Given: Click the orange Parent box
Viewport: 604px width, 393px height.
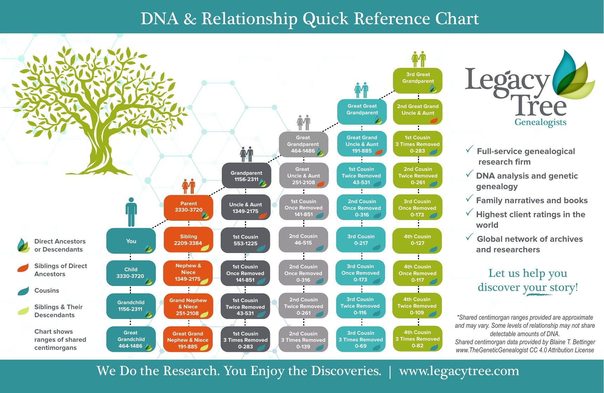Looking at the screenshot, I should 188,207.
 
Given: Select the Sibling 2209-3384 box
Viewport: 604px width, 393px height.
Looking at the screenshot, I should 188,240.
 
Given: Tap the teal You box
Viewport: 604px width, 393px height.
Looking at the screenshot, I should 131,241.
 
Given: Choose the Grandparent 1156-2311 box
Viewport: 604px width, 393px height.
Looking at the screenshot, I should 246,176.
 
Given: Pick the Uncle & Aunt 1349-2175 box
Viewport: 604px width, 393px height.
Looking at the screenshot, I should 245,208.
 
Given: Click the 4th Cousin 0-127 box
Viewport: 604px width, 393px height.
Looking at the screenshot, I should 417,240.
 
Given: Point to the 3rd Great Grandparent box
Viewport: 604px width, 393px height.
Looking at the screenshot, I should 418,80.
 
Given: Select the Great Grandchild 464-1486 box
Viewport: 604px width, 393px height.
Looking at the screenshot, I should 131,339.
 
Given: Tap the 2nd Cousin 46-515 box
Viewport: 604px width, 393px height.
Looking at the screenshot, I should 303,240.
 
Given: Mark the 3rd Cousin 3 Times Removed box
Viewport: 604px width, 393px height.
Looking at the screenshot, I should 360,339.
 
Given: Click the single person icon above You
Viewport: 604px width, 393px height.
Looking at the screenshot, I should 131,212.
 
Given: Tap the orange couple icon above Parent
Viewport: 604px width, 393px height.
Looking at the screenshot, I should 188,186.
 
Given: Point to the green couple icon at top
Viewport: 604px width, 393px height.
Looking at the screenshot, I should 418,59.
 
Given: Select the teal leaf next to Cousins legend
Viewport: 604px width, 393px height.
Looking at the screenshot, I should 23,291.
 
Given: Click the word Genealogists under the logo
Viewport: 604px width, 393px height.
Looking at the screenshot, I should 540,122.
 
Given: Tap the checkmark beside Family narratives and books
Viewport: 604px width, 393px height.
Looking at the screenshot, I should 469,199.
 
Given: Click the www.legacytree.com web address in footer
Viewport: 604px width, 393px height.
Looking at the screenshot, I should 459,371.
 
